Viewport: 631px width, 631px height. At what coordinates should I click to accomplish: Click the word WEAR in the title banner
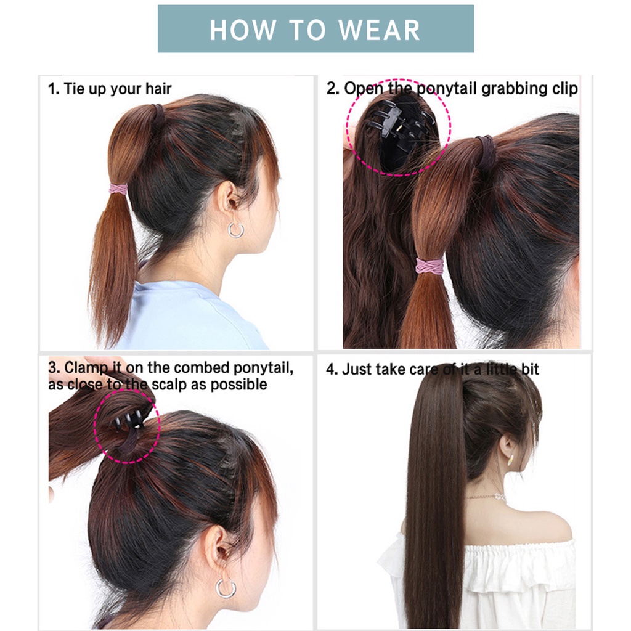click(380, 30)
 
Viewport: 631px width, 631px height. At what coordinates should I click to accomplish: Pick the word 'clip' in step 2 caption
click(565, 89)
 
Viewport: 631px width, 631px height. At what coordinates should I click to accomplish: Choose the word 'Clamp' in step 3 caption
click(84, 368)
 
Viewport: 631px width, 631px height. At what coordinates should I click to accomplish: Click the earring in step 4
click(511, 458)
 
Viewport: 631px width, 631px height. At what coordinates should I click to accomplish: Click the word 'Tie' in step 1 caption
click(74, 89)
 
